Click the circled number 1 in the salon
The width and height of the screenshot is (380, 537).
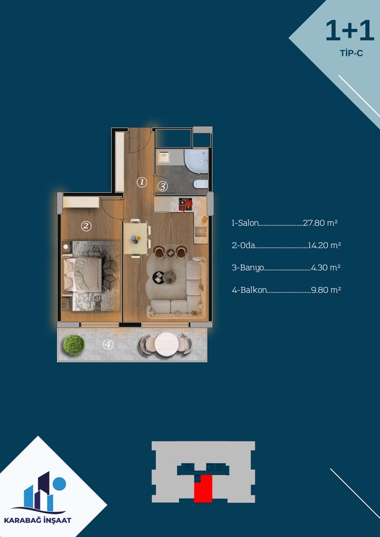pos(141,182)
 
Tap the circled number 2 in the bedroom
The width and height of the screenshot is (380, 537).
pos(86,226)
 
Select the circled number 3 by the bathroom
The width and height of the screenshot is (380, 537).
pos(163,187)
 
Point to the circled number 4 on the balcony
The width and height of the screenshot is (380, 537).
pos(108,345)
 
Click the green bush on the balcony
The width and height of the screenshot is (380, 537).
pos(74,345)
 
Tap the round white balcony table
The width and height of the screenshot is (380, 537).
pos(167,345)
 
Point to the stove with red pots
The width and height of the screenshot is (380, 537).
pos(186,204)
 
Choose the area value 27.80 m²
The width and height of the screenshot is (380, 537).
pos(320,223)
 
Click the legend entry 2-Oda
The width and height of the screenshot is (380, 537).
pos(243,245)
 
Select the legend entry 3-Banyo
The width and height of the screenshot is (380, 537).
pos(248,267)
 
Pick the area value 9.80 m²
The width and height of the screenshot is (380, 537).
pos(326,290)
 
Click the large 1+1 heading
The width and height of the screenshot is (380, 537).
pos(349,31)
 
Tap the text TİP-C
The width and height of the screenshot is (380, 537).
pos(352,54)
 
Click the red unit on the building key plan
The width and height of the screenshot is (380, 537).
pos(203,489)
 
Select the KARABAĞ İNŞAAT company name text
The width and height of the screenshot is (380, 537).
pos(41,520)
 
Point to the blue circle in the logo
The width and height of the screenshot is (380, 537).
pos(60,483)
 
